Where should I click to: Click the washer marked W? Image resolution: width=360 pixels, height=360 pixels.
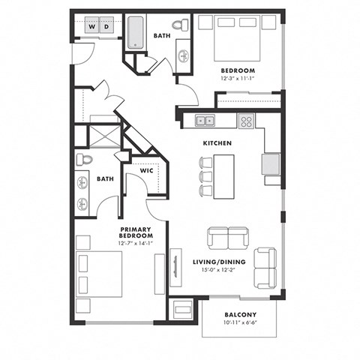coord(92,26)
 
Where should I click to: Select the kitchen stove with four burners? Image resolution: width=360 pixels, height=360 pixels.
coord(246,120)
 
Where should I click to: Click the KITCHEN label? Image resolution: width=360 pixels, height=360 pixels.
coord(217,142)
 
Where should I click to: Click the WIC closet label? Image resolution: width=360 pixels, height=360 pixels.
coord(148,171)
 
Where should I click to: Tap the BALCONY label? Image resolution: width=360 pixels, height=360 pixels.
coord(240,314)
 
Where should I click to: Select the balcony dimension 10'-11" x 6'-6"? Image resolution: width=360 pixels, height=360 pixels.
coord(240,322)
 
